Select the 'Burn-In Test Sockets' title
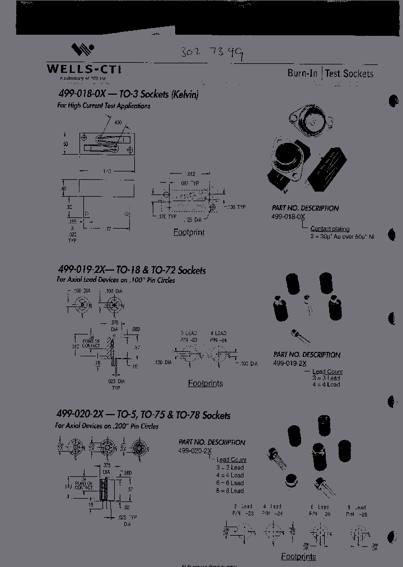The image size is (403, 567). coord(330,73)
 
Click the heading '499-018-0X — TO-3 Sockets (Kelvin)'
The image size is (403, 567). coord(128,94)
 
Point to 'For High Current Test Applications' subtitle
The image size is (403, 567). coord(104,105)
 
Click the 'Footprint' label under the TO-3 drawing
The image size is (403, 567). coord(189,232)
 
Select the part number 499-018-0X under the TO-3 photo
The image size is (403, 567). coord(289,216)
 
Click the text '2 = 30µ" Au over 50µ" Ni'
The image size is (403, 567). coord(342,237)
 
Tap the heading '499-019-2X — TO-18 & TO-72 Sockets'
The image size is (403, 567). coord(132,270)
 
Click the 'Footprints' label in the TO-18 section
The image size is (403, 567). coord(205,384)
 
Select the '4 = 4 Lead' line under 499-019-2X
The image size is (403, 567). coord(326,385)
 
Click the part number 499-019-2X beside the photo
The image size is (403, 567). coord(290,363)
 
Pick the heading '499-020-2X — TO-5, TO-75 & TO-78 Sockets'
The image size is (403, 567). coord(143,415)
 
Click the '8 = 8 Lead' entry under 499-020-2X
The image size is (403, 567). coord(230,491)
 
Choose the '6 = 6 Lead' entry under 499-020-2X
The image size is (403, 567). coord(230,483)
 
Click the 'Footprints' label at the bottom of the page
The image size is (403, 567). coord(298,557)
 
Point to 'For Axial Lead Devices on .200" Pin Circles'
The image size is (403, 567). coord(107,426)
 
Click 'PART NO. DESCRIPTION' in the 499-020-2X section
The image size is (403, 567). coord(212,442)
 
